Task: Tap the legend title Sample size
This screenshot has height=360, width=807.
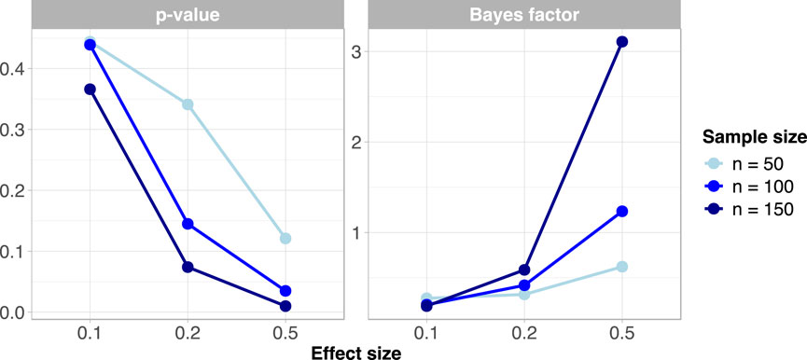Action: (x=754, y=137)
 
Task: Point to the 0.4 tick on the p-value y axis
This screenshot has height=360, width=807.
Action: (x=16, y=68)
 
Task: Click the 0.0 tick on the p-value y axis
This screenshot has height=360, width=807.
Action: (x=16, y=312)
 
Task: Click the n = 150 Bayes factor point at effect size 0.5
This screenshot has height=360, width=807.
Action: (x=622, y=42)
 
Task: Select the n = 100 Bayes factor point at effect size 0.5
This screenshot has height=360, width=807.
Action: (x=622, y=212)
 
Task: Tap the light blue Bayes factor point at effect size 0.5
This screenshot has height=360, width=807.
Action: (x=622, y=267)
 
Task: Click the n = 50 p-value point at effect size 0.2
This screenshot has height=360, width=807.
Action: (x=188, y=104)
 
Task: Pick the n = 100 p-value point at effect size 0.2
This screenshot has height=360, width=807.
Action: (x=188, y=224)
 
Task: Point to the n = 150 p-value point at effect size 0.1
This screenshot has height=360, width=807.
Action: (x=90, y=90)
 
